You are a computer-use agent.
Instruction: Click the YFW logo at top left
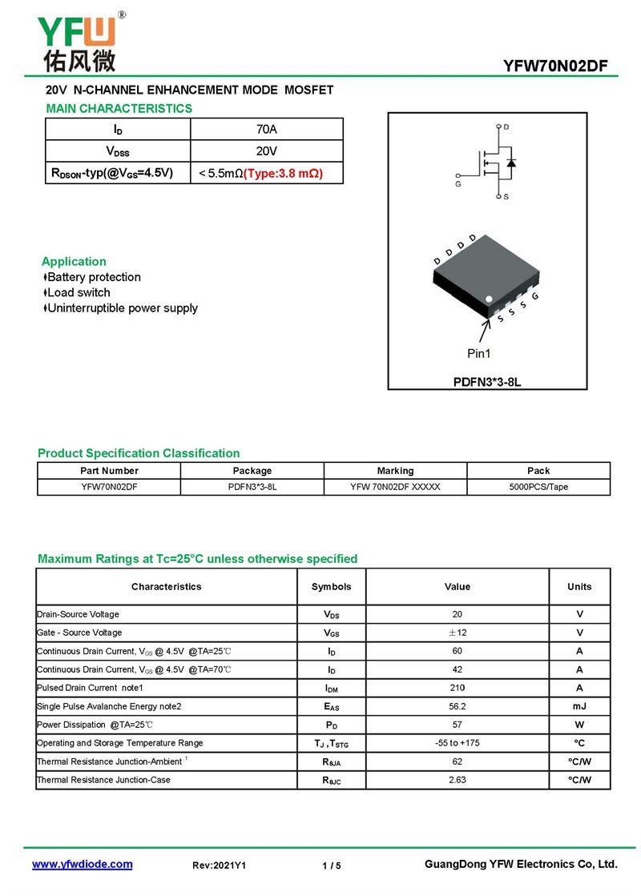coord(78,40)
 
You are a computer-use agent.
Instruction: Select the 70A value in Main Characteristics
coord(266,129)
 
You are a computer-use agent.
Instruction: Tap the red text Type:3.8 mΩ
coord(283,173)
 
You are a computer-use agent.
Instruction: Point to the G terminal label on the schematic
coord(458,184)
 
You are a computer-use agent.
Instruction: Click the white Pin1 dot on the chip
coord(490,300)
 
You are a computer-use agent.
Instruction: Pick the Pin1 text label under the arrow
coord(479,353)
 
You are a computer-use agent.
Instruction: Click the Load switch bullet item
coord(79,292)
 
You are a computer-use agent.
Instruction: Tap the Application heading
coord(74,261)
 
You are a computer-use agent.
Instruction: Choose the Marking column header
coord(395,471)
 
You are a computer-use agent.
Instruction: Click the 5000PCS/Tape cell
coord(538,487)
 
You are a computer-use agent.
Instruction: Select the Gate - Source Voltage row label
coord(79,633)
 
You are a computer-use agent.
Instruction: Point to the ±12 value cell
coord(457,633)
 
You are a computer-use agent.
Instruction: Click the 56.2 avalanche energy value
coord(457,706)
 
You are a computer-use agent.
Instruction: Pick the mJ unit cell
coord(579,706)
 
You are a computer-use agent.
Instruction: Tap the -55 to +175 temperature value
coord(457,743)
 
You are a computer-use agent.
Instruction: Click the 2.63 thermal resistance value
coord(457,780)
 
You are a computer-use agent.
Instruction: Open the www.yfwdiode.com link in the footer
coord(82,864)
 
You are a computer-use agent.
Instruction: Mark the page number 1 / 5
coord(331,866)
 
